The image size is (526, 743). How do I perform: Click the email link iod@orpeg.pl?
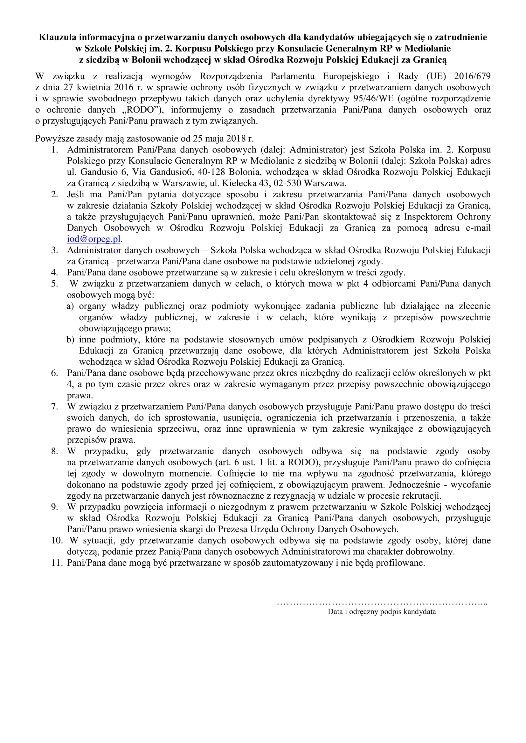click(x=93, y=239)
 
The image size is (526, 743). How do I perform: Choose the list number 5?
click(x=54, y=284)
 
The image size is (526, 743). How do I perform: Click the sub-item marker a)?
click(x=70, y=306)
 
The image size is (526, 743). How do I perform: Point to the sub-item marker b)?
click(x=70, y=340)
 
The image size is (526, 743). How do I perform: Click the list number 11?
click(x=56, y=563)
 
